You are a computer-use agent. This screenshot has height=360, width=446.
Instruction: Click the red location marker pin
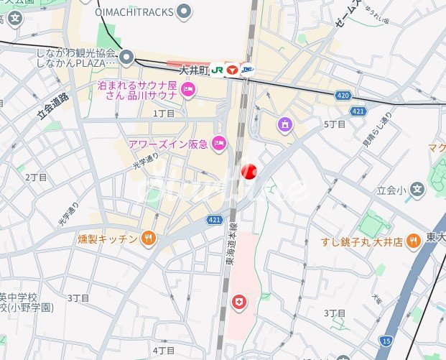click(248, 171)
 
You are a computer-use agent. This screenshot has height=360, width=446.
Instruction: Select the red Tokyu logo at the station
click(232, 70)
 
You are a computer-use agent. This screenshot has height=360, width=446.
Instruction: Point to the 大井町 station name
click(193, 70)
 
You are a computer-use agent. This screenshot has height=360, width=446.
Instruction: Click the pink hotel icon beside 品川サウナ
click(189, 90)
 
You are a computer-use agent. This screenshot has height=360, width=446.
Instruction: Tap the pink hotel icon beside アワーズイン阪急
click(220, 144)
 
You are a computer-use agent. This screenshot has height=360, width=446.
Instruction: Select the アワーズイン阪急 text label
click(167, 144)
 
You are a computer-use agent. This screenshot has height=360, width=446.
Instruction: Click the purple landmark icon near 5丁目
click(285, 126)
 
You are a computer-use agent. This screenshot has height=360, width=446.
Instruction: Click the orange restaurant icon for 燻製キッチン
click(149, 238)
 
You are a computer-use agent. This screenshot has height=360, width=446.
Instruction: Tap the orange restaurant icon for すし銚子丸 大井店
click(413, 241)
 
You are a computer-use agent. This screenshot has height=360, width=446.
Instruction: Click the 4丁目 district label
click(164, 350)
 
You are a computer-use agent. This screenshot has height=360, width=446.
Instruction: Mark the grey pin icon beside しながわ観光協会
click(128, 57)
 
